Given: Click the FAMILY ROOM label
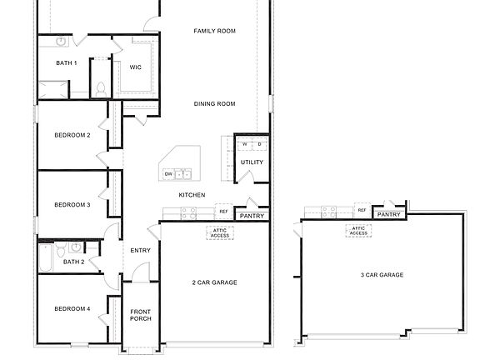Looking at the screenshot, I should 214,31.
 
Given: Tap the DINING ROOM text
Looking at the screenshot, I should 214,104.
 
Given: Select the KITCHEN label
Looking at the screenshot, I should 192,195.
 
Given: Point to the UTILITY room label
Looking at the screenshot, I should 252,162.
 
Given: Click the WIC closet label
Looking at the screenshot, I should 135,67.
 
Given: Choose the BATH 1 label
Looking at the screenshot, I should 67,62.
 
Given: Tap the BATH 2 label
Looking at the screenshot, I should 74,262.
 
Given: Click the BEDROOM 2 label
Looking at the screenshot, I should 72,135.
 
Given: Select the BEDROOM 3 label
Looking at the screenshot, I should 72,204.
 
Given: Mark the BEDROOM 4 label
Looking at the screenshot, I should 72,309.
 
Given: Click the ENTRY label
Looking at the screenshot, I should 140,250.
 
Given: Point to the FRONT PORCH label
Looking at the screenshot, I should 140,316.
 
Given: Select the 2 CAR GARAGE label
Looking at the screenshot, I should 214,282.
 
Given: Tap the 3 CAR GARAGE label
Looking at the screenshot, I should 382,275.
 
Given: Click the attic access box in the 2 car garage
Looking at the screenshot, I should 220,232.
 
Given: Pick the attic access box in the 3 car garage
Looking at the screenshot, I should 359,231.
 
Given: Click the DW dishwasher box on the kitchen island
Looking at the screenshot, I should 168,174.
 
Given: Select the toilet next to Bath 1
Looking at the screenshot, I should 100,87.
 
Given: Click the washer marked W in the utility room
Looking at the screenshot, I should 245,144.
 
